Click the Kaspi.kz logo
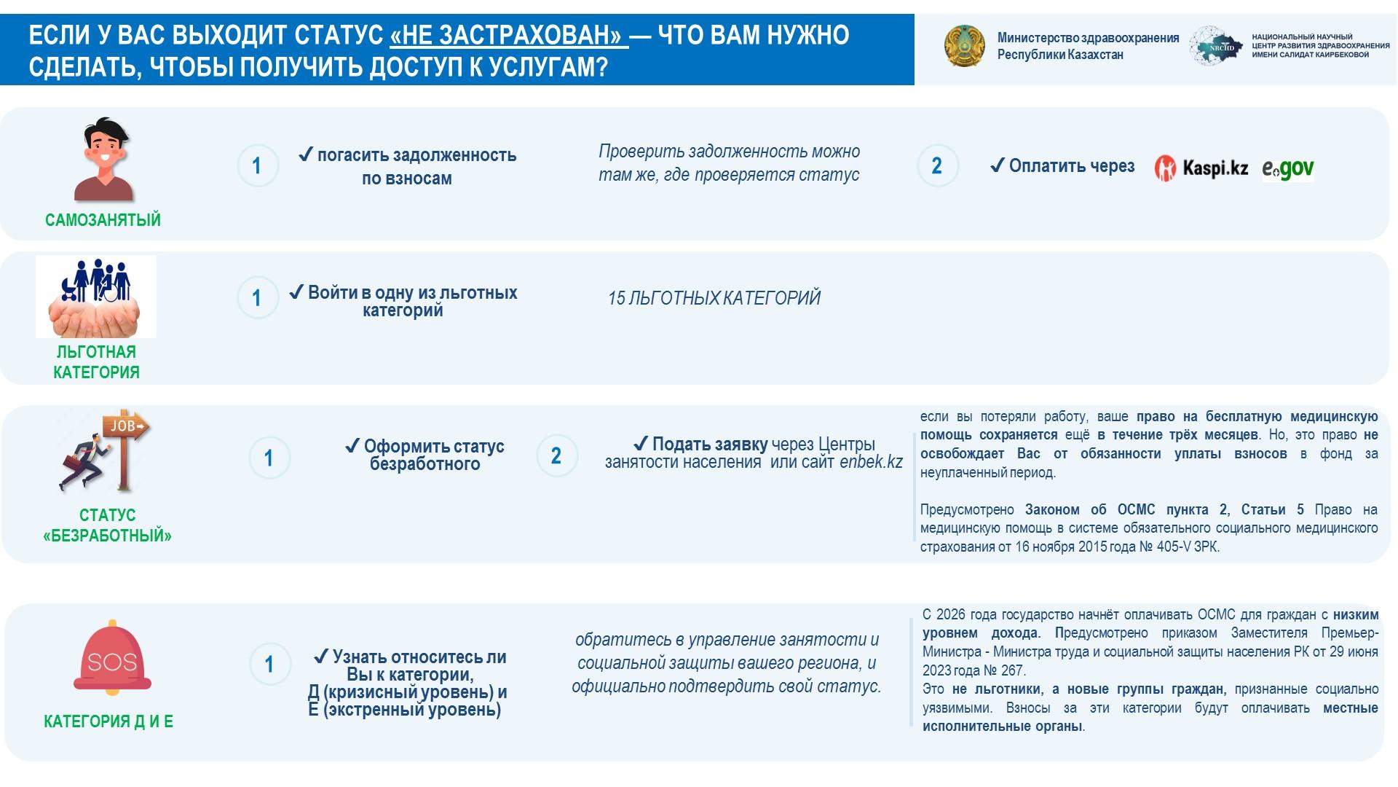coord(1201,168)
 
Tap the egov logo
coord(1287,169)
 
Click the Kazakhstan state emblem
coord(964,46)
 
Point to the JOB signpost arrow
coord(128,426)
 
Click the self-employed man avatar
coord(104,159)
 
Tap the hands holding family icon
coord(96,296)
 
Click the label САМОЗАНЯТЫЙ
coord(103,220)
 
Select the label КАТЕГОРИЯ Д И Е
coord(108,721)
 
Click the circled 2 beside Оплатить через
coord(937,166)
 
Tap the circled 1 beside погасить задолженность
coord(257,166)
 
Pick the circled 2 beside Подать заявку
coord(556,456)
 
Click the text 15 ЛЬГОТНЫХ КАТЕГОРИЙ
coord(714,298)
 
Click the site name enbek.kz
coord(871,462)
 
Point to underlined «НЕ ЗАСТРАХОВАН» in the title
coord(509,35)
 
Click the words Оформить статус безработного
coord(425,455)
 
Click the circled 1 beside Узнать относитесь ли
coord(269,664)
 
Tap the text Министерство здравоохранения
coord(1088,38)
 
